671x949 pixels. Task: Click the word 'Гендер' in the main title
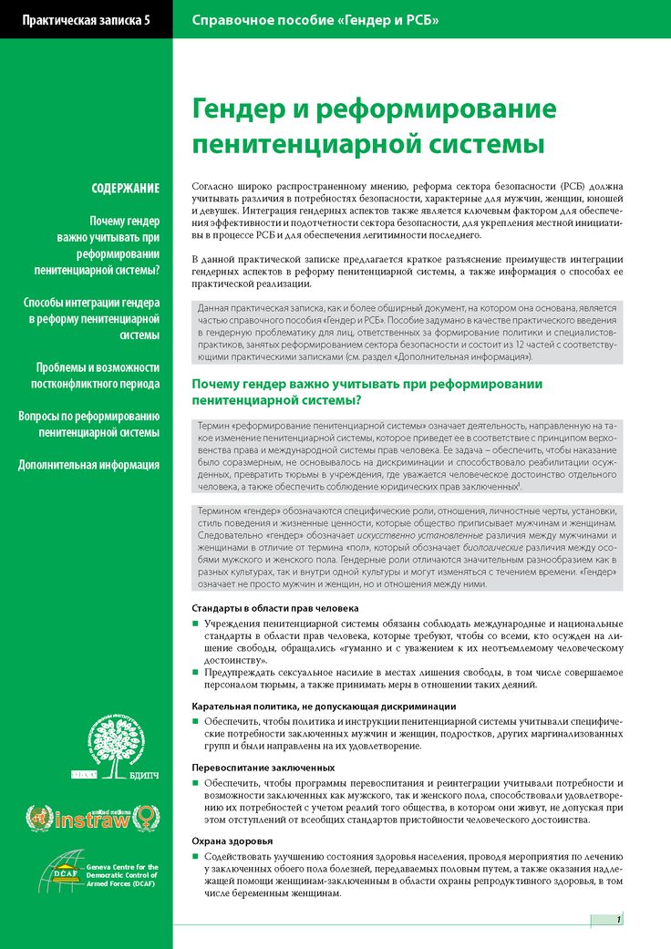click(x=245, y=108)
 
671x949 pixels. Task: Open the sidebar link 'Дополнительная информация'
click(x=89, y=464)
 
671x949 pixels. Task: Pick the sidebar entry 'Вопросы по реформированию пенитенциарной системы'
click(x=89, y=424)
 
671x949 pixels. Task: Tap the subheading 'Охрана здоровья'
click(x=232, y=841)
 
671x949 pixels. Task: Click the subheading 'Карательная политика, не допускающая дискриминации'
click(x=324, y=707)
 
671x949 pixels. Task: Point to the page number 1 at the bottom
click(x=618, y=919)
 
